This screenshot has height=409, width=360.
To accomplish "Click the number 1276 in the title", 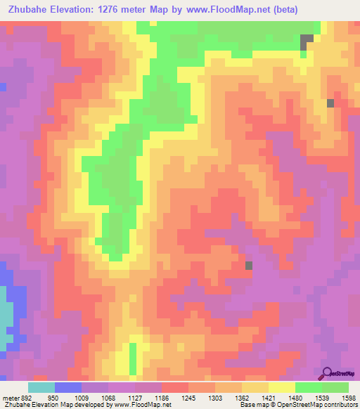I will [x=134, y=10].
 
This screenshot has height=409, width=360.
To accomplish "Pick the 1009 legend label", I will [x=82, y=397].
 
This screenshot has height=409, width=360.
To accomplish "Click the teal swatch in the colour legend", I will [x=41, y=387].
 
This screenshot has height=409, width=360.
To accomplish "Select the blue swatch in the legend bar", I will [x=68, y=387].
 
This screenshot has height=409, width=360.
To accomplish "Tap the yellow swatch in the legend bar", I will [x=282, y=387].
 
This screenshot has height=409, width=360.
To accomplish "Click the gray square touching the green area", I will [x=307, y=41].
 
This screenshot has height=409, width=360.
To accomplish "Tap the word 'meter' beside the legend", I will [x=11, y=397].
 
